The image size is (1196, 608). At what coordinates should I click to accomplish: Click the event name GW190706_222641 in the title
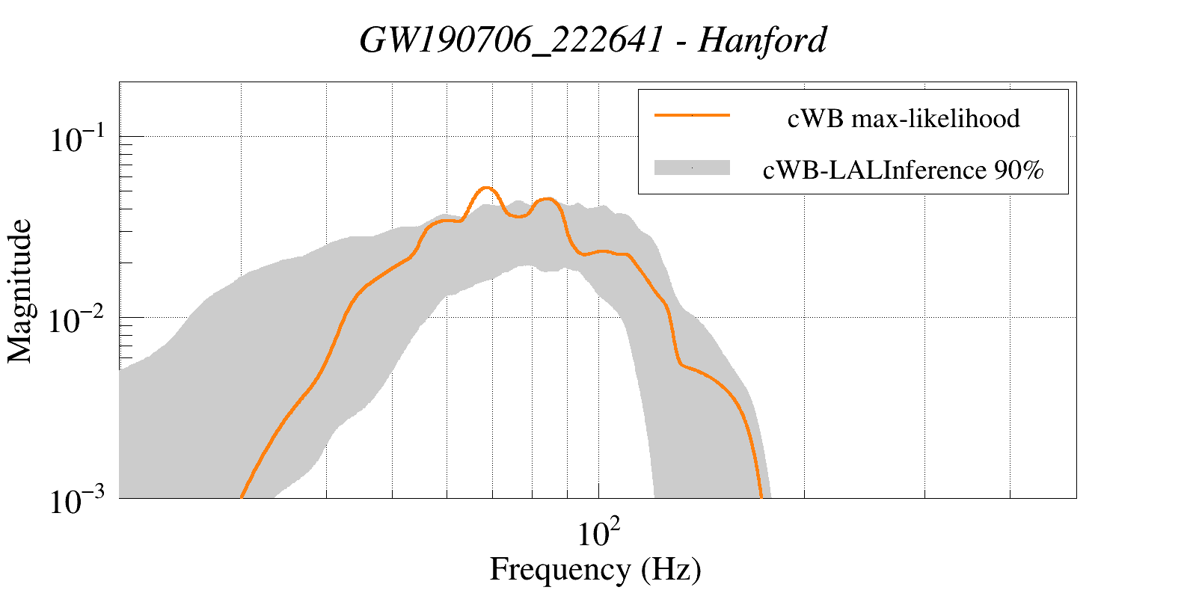coord(511,40)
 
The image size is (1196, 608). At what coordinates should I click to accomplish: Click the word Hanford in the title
coord(762,40)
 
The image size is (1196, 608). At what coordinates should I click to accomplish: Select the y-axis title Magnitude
coord(20,292)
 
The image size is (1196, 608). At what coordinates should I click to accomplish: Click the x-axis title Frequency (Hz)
coord(595,569)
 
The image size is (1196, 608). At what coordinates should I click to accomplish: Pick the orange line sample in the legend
coord(691,115)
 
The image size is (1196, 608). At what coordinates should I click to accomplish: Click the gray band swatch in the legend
coord(691,168)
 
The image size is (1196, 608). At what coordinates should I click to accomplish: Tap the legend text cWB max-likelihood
coord(904,118)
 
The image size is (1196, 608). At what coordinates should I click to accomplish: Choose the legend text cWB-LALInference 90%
coord(903,171)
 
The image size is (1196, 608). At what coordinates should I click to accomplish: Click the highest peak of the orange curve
coord(486,188)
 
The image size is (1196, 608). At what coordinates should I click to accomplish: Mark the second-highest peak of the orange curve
coord(548,199)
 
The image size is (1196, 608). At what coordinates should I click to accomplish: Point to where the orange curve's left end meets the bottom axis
coord(242,496)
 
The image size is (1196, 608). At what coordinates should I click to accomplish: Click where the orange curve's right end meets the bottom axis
coord(761,496)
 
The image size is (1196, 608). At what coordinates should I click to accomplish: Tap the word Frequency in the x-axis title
coord(559,569)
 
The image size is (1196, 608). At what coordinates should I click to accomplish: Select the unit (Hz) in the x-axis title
coord(671,569)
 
